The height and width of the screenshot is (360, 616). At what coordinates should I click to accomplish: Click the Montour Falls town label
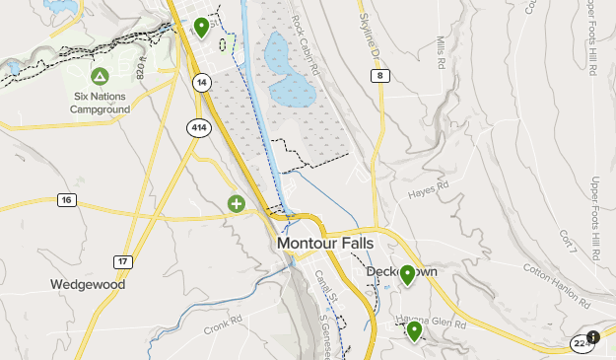click(x=325, y=243)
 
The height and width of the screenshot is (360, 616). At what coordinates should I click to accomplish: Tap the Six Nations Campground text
click(x=100, y=103)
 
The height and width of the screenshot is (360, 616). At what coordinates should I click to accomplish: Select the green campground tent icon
click(x=100, y=76)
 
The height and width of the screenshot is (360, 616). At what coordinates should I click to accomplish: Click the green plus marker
click(x=237, y=204)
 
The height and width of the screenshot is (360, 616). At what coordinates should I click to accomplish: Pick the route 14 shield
click(x=201, y=82)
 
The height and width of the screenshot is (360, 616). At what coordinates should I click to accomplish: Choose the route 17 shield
click(x=122, y=261)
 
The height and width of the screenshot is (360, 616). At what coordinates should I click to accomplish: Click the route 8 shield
click(x=380, y=75)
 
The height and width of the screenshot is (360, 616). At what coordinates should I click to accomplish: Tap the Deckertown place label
click(x=401, y=270)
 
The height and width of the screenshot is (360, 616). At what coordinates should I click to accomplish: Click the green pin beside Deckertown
click(x=407, y=275)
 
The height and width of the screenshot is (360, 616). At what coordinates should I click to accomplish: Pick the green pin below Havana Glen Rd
click(x=415, y=330)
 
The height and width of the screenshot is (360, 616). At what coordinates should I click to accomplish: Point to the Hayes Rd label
click(x=429, y=186)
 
